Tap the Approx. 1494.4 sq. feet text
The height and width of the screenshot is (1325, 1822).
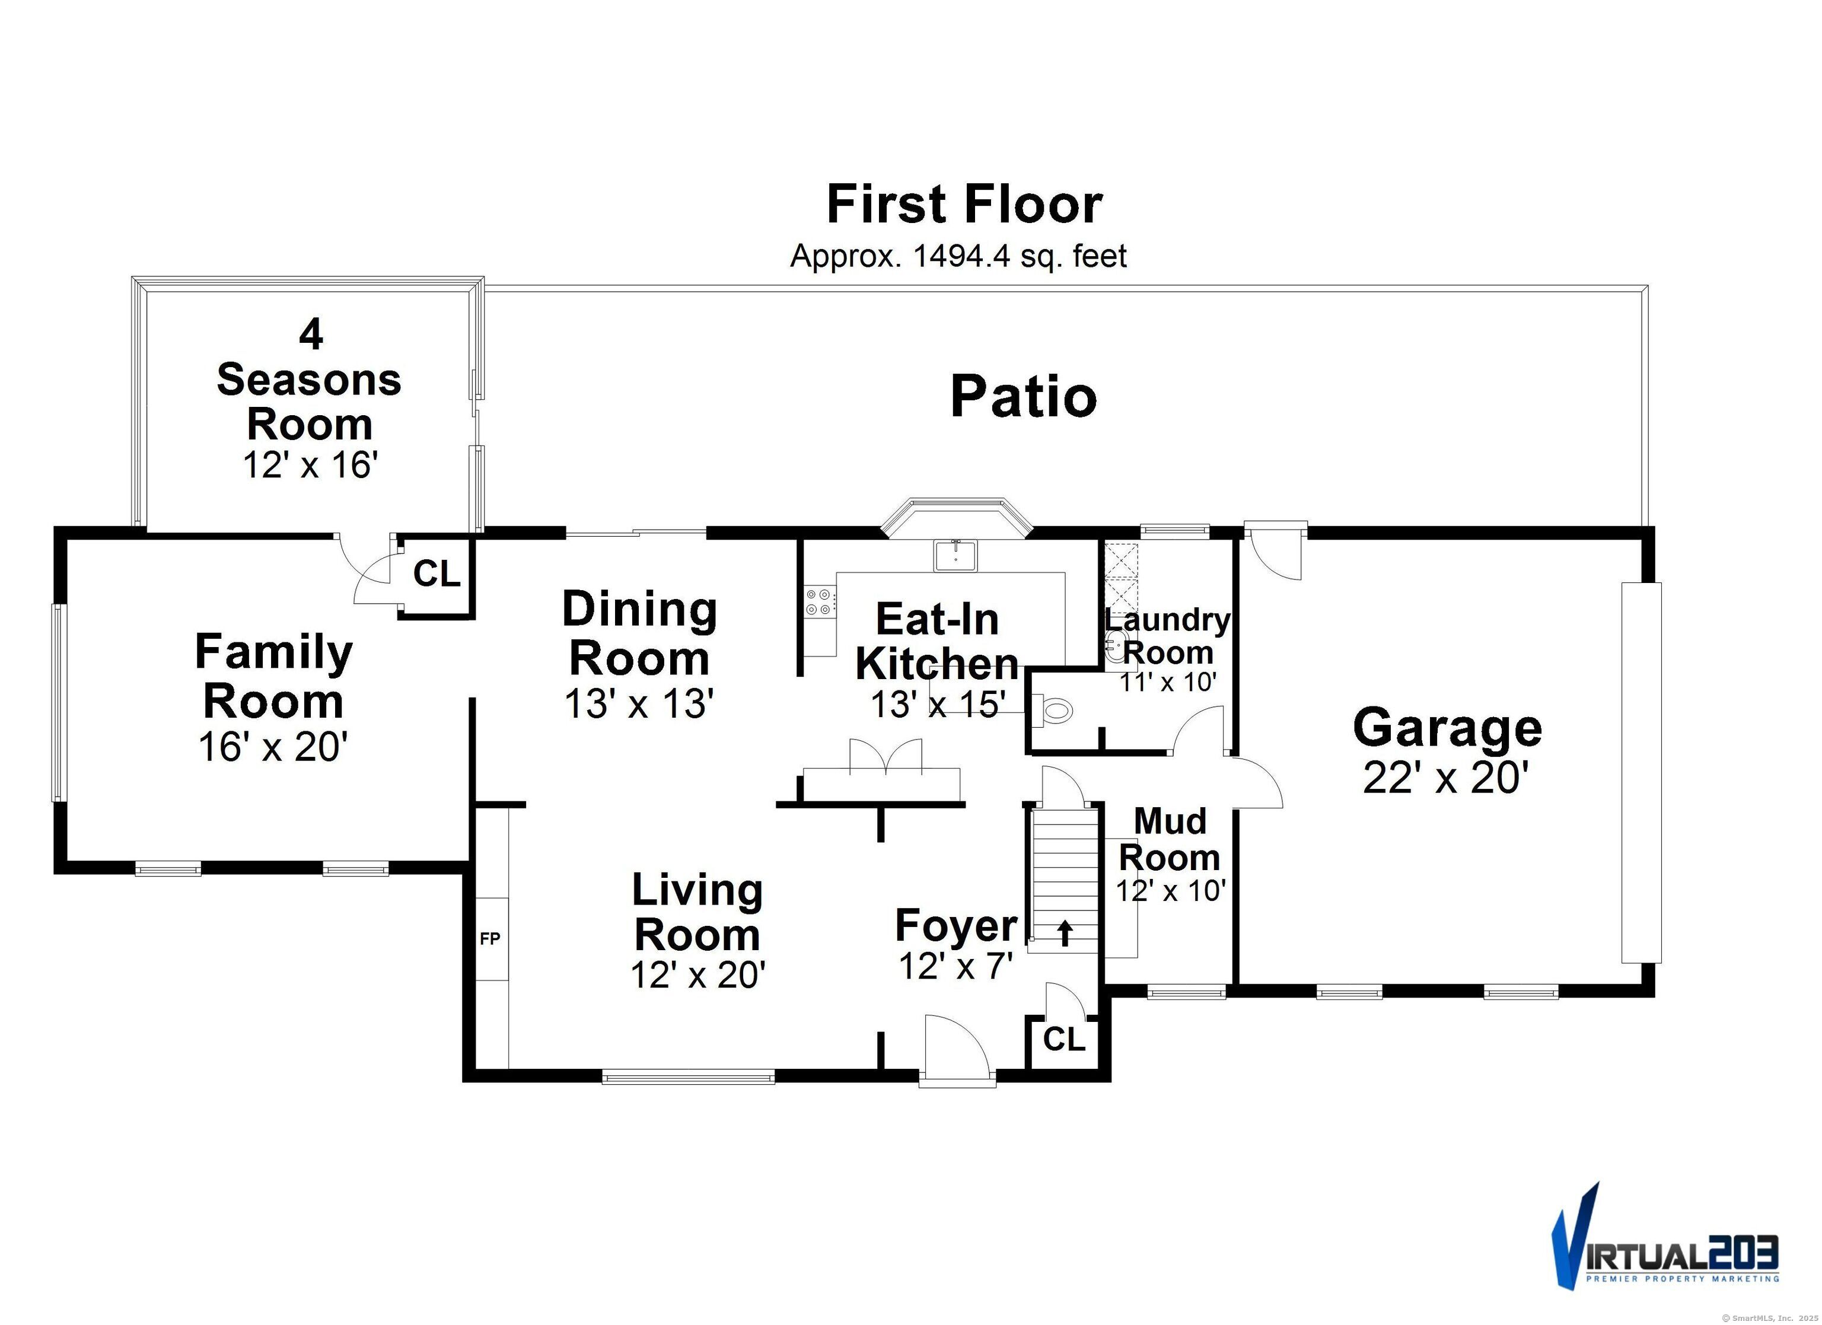pyautogui.click(x=958, y=256)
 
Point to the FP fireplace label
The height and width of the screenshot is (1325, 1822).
pyautogui.click(x=490, y=938)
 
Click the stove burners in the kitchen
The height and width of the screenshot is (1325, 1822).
pyautogui.click(x=820, y=602)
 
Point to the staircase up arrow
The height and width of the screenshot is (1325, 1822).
pyautogui.click(x=1065, y=932)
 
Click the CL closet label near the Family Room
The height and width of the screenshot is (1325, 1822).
pyautogui.click(x=436, y=574)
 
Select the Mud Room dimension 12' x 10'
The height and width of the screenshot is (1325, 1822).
pyautogui.click(x=1171, y=890)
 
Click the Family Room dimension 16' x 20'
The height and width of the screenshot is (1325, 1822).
pyautogui.click(x=273, y=747)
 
